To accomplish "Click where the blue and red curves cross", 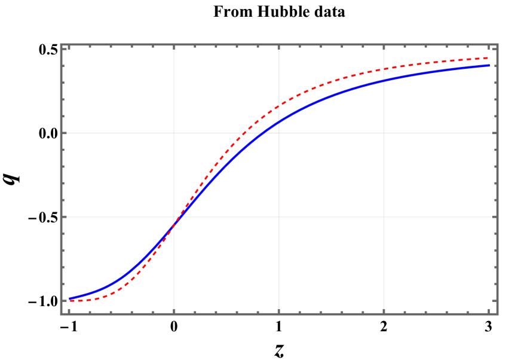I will coord(174,225).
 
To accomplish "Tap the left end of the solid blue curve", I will coord(69,298).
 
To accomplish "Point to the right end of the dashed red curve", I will coord(489,58).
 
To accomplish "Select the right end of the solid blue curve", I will coord(489,65).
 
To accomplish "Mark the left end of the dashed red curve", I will coord(69,301).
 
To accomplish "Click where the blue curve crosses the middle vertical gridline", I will coord(278,122).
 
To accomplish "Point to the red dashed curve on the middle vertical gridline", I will coord(278,107).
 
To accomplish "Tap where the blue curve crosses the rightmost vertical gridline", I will coord(383,80).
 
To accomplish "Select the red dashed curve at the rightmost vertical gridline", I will coord(383,69).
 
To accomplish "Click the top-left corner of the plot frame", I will coord(61,44).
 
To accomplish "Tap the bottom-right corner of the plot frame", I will coord(497,314).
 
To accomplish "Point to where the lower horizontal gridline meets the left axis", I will coord(61,216).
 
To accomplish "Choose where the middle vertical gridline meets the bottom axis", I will coord(278,314).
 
